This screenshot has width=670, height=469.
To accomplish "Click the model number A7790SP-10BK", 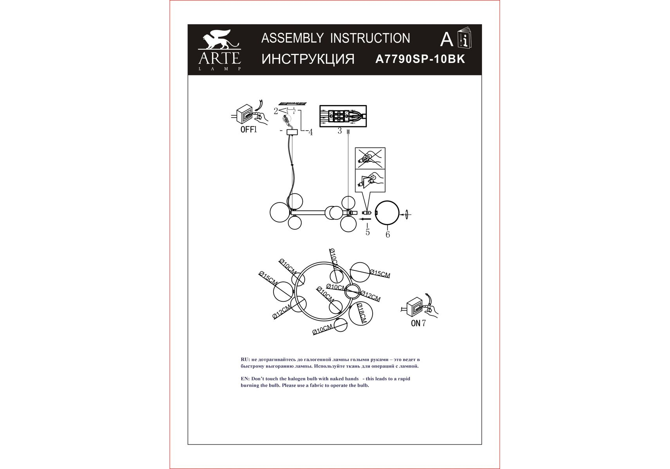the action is pyautogui.click(x=420, y=59).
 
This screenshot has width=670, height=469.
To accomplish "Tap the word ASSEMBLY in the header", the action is pyautogui.click(x=292, y=38).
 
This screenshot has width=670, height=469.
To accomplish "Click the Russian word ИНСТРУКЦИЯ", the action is pyautogui.click(x=308, y=59).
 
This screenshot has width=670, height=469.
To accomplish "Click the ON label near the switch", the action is pyautogui.click(x=416, y=323).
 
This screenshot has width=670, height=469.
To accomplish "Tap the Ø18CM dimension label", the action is pyautogui.click(x=361, y=313).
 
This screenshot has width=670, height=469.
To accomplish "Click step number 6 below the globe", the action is pyautogui.click(x=388, y=234).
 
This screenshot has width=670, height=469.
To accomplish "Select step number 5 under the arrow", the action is pyautogui.click(x=368, y=232).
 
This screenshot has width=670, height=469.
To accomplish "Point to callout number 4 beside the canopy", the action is pyautogui.click(x=311, y=132).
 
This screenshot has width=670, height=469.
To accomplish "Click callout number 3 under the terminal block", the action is pyautogui.click(x=339, y=131).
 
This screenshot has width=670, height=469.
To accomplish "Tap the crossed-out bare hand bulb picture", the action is pyautogui.click(x=370, y=158).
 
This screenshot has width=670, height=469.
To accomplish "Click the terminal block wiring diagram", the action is pyautogui.click(x=343, y=116).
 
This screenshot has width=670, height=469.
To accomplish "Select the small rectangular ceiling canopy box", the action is pyautogui.click(x=292, y=132).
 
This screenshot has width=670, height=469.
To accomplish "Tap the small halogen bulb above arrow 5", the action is pyautogui.click(x=366, y=213).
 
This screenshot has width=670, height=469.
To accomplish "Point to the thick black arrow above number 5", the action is pyautogui.click(x=366, y=220).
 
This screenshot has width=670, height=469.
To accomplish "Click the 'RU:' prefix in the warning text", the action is pyautogui.click(x=245, y=360).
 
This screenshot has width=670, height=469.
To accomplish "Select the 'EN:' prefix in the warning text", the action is pyautogui.click(x=245, y=379).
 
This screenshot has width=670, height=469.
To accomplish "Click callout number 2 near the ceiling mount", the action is pyautogui.click(x=276, y=111).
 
